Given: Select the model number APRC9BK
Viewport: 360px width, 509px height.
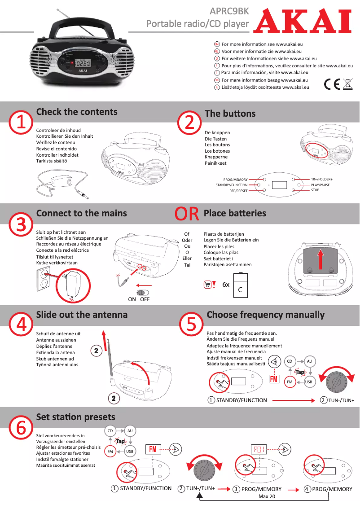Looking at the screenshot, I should [229, 11].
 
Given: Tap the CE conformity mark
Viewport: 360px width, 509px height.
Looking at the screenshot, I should [332, 84].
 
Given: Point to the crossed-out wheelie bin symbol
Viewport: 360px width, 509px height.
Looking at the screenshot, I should [347, 84].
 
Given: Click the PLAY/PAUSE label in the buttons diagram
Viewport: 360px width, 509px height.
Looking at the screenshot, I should [320, 185].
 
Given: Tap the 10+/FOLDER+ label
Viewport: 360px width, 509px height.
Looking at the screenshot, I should [321, 180].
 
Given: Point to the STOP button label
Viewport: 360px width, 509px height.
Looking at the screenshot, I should [315, 190].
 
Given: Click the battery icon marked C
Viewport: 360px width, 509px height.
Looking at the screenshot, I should [240, 286].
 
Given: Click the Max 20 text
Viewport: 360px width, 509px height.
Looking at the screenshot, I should [267, 496].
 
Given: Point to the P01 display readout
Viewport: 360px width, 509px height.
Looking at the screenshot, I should [259, 448].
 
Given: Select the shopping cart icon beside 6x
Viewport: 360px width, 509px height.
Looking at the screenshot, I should [207, 285].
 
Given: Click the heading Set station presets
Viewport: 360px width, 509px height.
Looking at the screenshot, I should [75, 417].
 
